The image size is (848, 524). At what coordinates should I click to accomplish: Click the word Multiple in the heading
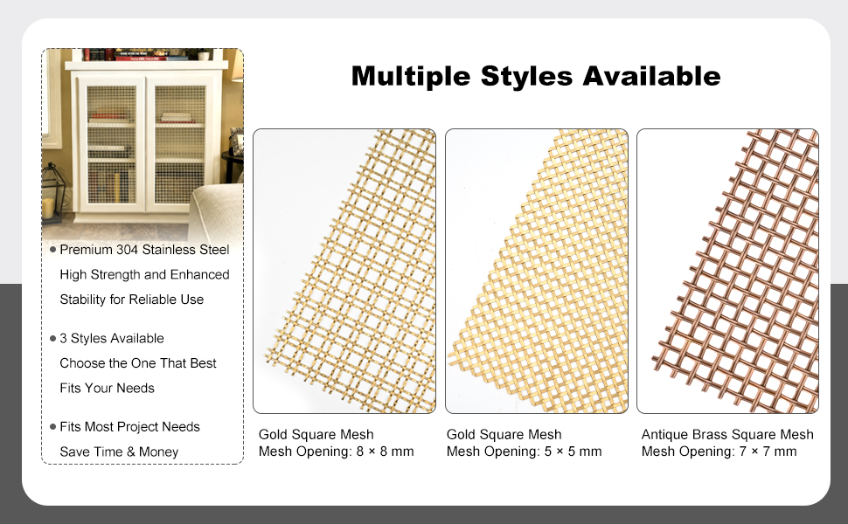point(411,77)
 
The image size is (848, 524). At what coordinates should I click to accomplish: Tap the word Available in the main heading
point(651,76)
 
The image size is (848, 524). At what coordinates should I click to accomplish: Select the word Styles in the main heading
point(526,77)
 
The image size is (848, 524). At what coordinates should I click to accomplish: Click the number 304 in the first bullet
point(127,250)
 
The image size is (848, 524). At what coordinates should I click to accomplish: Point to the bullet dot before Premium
point(53,250)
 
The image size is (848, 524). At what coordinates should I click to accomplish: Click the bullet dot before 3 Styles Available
point(53,339)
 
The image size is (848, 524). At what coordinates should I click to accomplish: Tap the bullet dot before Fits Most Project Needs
point(53,427)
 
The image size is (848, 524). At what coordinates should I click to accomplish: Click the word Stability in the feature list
point(83,300)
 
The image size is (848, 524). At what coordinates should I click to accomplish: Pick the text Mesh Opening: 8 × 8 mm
point(336,451)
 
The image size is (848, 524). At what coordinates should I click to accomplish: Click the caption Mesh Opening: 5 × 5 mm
point(524,451)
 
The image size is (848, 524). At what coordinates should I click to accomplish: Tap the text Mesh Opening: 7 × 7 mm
point(719,451)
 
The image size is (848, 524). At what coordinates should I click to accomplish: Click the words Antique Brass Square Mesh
point(727,434)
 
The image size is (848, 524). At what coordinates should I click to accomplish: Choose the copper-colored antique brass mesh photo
point(727,271)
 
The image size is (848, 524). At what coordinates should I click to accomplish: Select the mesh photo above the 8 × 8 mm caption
point(344,271)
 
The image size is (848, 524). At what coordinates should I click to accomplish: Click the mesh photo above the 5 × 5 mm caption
point(537,271)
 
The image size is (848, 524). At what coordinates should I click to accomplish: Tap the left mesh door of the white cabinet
point(111,145)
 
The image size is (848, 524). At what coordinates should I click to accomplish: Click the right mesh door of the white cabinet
point(180,145)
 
